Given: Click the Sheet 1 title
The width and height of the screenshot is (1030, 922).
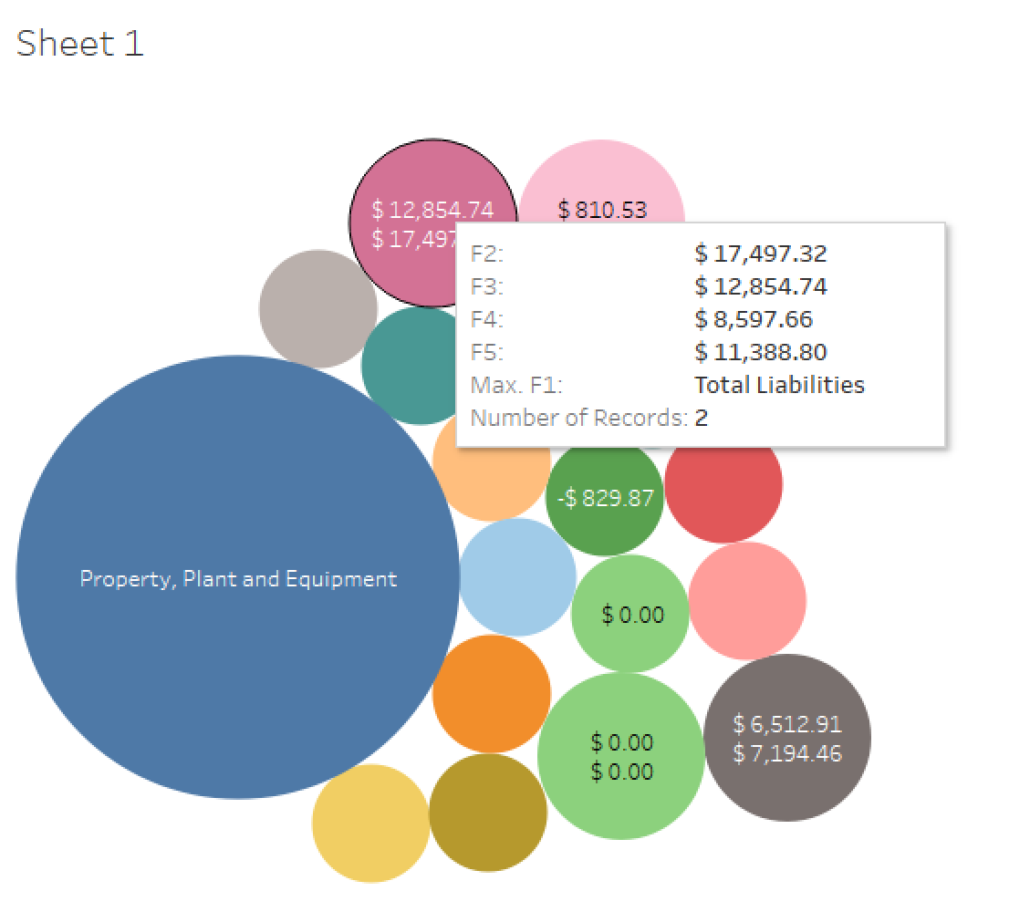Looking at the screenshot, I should pos(80,44).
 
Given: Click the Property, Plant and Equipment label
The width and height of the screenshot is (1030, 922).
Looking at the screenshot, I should pos(238,578).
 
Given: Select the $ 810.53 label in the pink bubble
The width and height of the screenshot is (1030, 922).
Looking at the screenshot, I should pos(602,210).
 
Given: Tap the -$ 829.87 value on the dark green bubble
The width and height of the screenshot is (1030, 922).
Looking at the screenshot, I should pos(605,498).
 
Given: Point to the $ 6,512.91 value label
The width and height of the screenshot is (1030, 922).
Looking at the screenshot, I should pos(787,724).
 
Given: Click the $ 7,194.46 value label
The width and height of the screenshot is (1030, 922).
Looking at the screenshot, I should pos(787,753).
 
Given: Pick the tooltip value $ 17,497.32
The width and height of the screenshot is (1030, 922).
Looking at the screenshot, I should pos(760,254).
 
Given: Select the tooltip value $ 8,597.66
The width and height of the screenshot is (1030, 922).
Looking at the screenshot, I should pos(753,319).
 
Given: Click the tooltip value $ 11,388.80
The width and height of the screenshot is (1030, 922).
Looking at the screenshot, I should pos(760,352).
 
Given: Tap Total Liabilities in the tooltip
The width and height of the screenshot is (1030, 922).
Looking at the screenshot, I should pos(779,385).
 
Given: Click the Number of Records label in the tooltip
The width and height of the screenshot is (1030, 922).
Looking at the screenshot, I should pos(578,419).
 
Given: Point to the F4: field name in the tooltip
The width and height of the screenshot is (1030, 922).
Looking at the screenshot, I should pos(487,319).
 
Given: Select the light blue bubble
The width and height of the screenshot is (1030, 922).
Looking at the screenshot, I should pos(517,577).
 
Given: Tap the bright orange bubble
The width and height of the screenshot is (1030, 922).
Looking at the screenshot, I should pos(491,694).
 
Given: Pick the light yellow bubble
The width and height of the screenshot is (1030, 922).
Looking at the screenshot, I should pos(370,823).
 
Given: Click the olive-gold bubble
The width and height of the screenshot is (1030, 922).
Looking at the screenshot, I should pos(487,812).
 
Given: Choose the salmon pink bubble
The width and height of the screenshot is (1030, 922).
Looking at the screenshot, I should pos(747,601).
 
